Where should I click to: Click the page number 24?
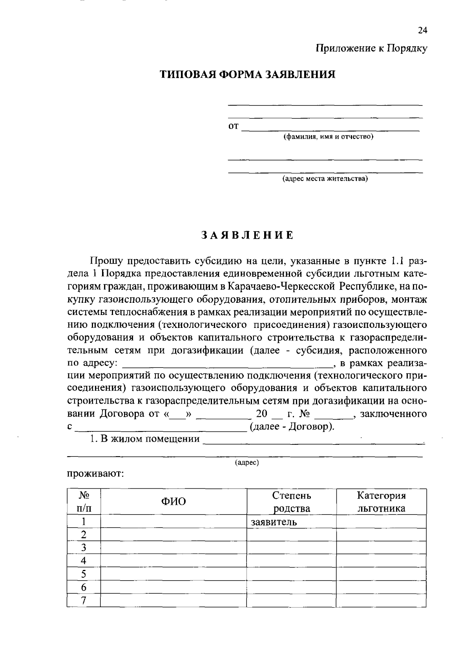422,31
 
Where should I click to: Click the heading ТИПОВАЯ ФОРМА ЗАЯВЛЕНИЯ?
247,75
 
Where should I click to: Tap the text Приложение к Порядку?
372,48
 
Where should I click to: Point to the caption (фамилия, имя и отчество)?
329,136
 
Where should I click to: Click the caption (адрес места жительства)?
325,179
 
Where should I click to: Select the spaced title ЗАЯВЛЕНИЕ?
247,235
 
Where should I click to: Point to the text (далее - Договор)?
292,427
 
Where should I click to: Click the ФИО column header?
173,501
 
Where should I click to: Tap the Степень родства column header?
292,502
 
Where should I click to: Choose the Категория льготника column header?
381,502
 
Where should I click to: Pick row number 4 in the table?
83,561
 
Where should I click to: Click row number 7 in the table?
83,600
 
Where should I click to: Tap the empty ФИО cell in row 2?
173,535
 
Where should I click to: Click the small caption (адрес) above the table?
247,463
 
